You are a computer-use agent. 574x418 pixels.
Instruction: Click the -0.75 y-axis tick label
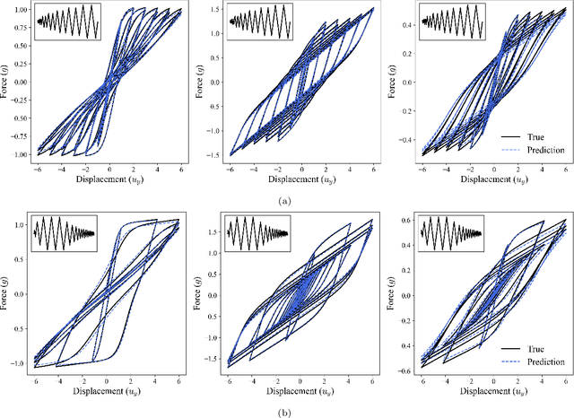14,133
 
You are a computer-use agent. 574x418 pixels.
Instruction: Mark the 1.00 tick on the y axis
16,10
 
